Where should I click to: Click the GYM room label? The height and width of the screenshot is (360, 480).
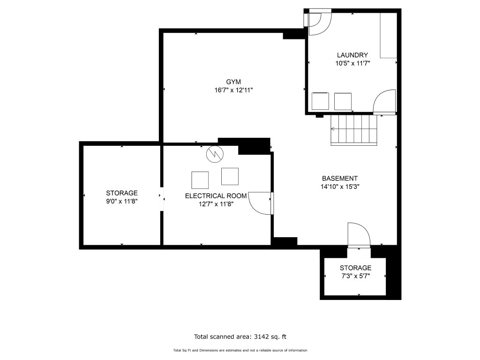(233, 82)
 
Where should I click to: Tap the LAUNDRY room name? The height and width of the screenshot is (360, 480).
(352, 55)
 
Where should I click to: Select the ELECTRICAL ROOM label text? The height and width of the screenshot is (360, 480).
(216, 196)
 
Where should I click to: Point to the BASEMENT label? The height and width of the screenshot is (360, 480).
(340, 178)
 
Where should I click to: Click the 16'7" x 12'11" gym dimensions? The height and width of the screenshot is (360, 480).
(233, 90)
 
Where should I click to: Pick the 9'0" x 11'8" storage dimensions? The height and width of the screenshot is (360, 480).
(122, 202)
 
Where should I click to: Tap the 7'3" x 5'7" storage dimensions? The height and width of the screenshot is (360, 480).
(356, 276)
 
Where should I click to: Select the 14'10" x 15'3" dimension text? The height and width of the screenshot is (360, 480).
(340, 187)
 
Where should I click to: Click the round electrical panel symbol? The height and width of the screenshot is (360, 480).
(215, 154)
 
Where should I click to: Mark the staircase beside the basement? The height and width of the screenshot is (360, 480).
(354, 129)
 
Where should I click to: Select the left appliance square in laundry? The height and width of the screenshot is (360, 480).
(320, 101)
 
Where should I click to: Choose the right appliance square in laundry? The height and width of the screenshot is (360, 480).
(343, 101)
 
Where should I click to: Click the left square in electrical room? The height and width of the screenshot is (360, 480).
(200, 180)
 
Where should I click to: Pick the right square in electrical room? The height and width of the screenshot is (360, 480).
(230, 176)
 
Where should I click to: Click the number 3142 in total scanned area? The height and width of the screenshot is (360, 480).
(261, 337)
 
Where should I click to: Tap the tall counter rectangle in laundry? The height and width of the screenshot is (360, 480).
(389, 36)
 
